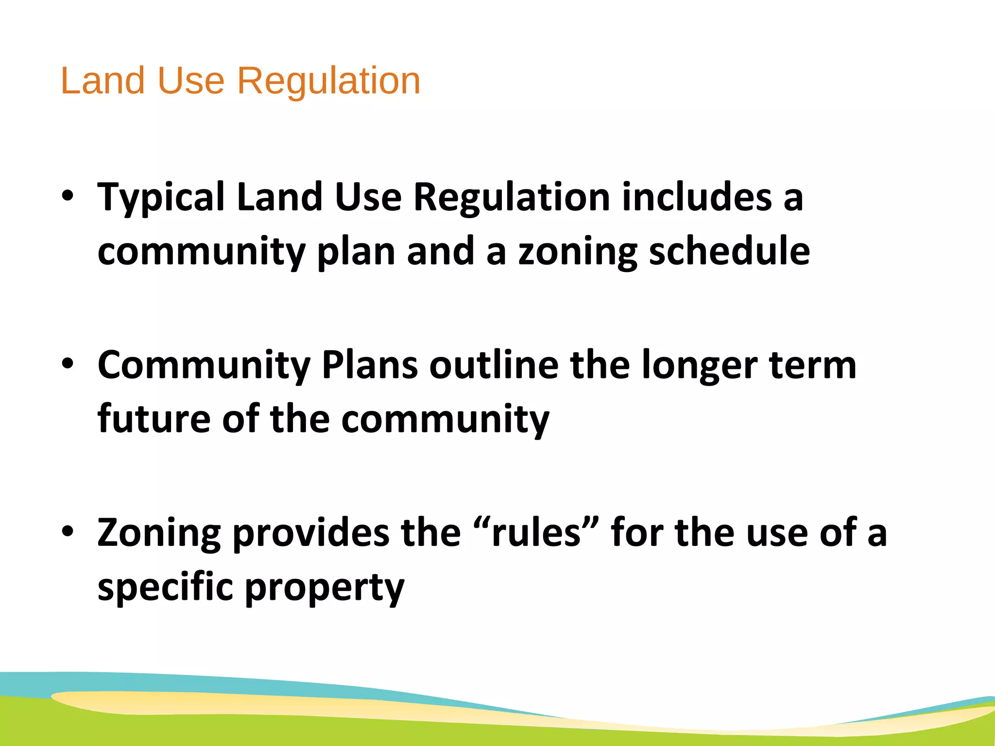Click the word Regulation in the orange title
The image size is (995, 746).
click(328, 81)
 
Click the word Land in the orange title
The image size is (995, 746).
click(103, 81)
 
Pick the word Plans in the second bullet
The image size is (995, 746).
click(369, 365)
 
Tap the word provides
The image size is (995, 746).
click(311, 533)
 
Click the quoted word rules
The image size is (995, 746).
click(536, 533)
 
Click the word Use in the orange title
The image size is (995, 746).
click(191, 81)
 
